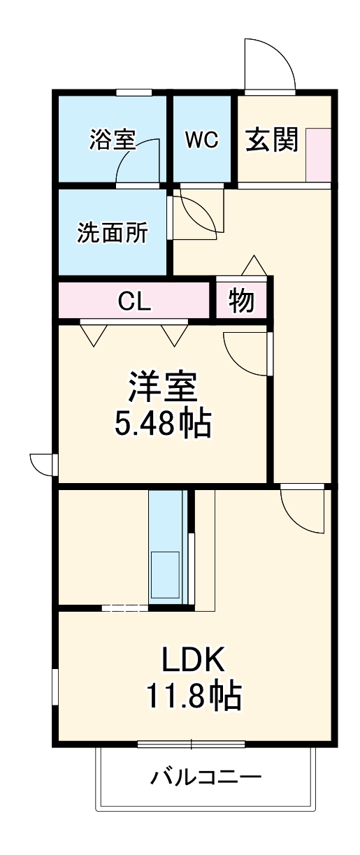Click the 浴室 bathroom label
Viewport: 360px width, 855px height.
(x=112, y=140)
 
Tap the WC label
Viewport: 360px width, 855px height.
(x=201, y=140)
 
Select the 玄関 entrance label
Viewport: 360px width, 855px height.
(x=271, y=140)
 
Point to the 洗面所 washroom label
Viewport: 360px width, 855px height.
(x=112, y=232)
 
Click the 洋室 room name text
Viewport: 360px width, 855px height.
(x=163, y=387)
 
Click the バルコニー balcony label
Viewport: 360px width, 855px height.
(x=206, y=777)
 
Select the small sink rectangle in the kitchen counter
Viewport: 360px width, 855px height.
(x=165, y=575)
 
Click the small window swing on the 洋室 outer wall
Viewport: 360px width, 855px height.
(x=43, y=463)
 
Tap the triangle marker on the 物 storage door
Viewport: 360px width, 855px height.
(x=253, y=266)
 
